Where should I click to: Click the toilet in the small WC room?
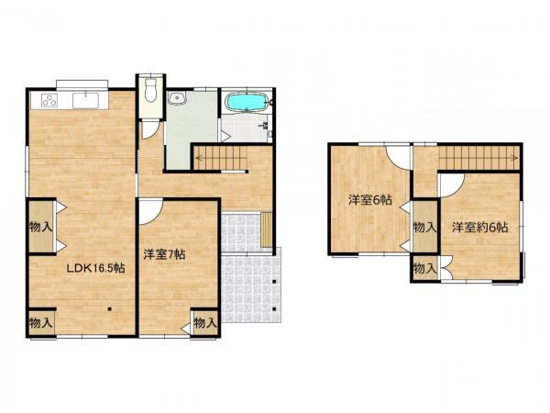(x=151, y=91)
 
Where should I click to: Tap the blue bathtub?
(x=247, y=102)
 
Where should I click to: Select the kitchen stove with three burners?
(x=49, y=100)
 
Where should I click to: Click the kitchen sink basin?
(x=86, y=100)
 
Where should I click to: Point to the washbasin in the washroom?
(x=177, y=98)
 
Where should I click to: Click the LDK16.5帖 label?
(x=95, y=269)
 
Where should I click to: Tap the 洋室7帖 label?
(x=164, y=254)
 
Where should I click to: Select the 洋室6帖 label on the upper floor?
(x=370, y=200)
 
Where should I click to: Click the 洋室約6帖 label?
(x=479, y=228)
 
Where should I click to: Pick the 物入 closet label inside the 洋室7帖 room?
(x=205, y=322)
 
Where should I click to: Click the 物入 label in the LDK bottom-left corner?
(x=41, y=322)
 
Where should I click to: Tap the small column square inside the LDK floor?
(x=110, y=309)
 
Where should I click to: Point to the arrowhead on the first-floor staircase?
(x=197, y=157)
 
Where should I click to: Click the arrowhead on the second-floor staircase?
(x=515, y=157)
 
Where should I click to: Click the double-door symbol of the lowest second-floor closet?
(x=445, y=268)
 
